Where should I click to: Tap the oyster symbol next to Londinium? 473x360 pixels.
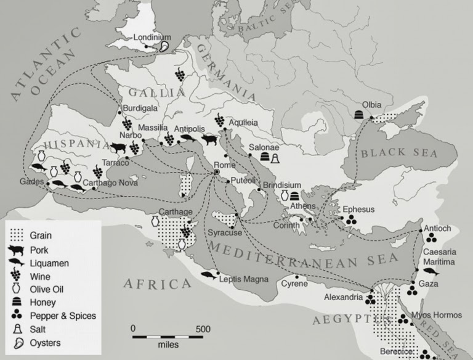(164, 46)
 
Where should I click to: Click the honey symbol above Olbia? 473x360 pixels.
(359, 114)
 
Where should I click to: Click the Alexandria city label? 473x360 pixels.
(343, 298)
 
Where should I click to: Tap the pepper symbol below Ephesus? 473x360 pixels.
(350, 219)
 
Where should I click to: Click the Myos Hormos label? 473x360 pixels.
(436, 315)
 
